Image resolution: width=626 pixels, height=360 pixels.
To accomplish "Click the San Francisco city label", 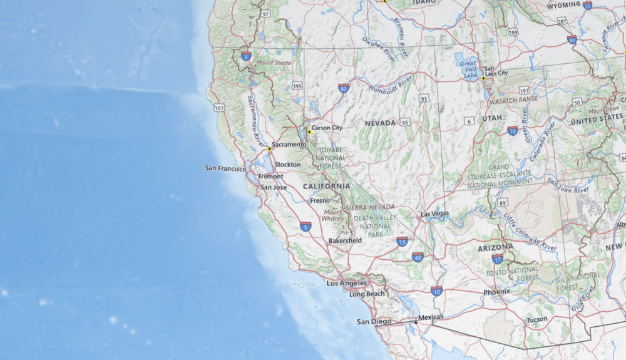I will pyautogui.click(x=225, y=168).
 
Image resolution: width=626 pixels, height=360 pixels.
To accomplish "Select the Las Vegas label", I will pyautogui.click(x=434, y=213).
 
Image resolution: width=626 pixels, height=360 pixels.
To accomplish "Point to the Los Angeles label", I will pyautogui.click(x=347, y=283).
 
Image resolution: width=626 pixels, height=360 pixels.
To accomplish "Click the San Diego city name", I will pyautogui.click(x=369, y=322).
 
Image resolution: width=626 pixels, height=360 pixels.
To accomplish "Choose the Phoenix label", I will pyautogui.click(x=496, y=292).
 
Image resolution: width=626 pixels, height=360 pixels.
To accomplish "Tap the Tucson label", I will pyautogui.click(x=536, y=319).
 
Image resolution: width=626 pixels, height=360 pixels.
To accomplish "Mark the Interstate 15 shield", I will pyautogui.click(x=402, y=241).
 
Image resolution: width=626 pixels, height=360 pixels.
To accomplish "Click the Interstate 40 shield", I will pyautogui.click(x=418, y=256).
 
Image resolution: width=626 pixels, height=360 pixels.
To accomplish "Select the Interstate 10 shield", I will pyautogui.click(x=437, y=291).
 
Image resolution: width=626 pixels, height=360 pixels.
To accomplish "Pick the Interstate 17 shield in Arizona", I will pyautogui.click(x=498, y=259).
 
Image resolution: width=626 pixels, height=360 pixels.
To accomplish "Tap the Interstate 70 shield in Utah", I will pyautogui.click(x=513, y=131).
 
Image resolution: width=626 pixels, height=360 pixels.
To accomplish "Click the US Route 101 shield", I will pyautogui.click(x=218, y=108).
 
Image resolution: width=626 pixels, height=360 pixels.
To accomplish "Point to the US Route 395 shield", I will pyautogui.click(x=297, y=86).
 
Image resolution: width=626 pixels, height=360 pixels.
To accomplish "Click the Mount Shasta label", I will pyautogui.click(x=274, y=63).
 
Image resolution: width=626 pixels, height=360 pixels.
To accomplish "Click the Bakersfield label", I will pyautogui.click(x=345, y=240).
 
